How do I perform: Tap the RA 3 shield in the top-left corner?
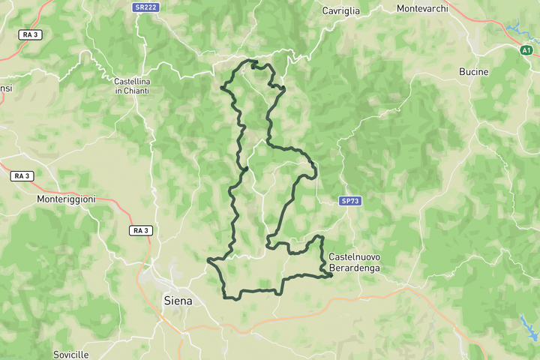[x=31, y=34]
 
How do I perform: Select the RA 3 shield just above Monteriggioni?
[x=21, y=175]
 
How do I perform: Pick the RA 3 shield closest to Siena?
[x=141, y=230]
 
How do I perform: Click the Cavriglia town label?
[x=340, y=10]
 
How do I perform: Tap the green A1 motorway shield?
[x=526, y=50]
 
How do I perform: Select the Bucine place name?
[x=473, y=72]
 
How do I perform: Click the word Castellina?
[x=132, y=81]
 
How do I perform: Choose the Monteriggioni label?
[x=67, y=199]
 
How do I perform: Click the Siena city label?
[x=178, y=301]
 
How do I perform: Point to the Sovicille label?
[x=71, y=354]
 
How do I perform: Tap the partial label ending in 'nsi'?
[x=6, y=88]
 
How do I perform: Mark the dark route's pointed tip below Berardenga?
[x=331, y=276]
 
